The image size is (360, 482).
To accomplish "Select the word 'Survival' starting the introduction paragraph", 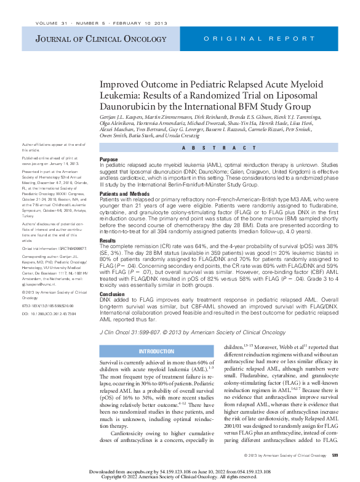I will pos(111,364).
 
